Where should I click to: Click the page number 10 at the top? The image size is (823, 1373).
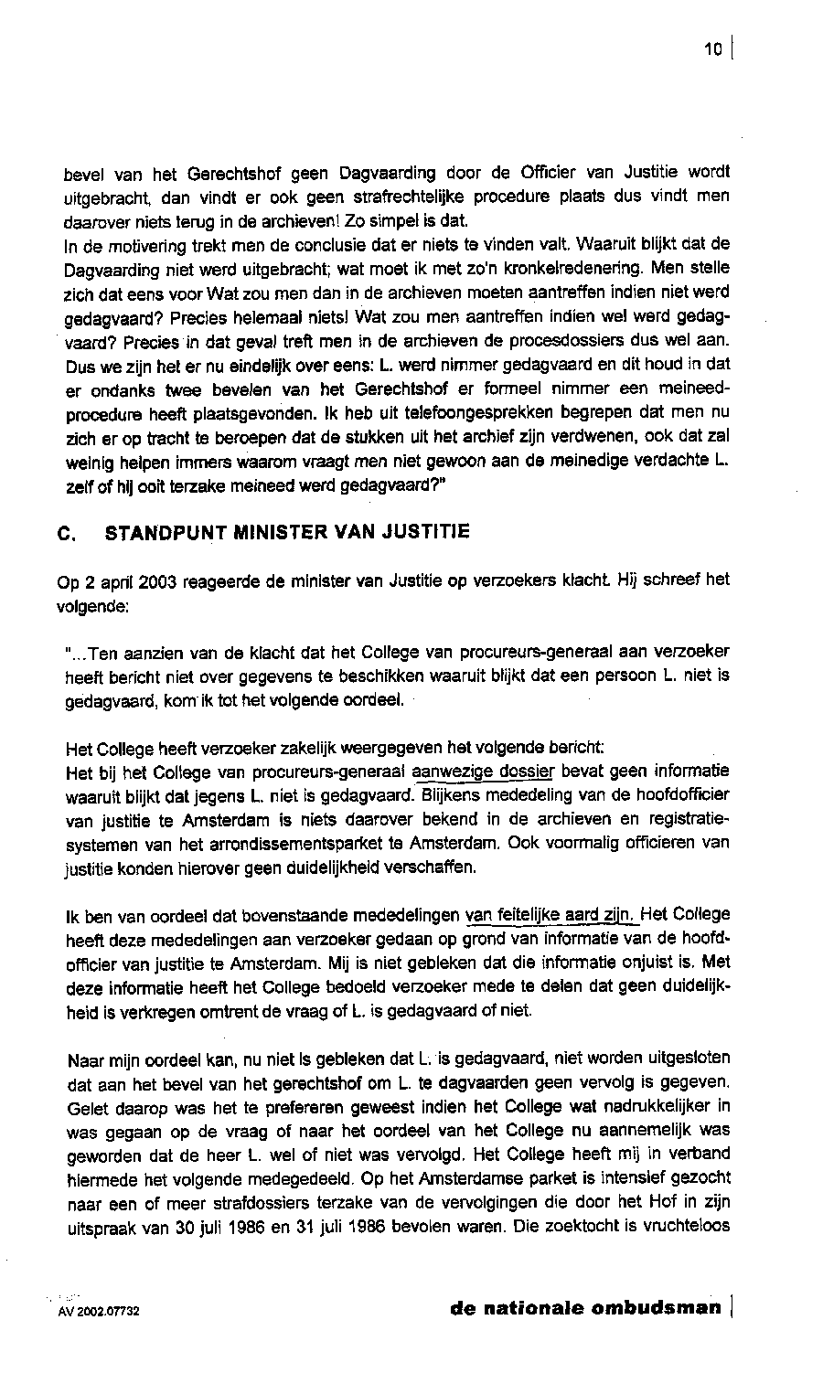[714, 49]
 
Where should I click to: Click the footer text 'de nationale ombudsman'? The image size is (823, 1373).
[585, 1307]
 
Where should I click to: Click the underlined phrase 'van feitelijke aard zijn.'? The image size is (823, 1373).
[550, 914]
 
